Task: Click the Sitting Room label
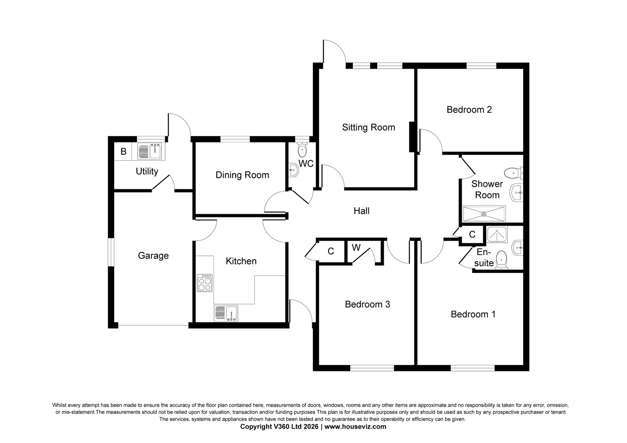pos(368,128)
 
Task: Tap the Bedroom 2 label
pos(469,110)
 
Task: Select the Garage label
pos(153,256)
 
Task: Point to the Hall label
pos(362,211)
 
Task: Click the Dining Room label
pos(242,175)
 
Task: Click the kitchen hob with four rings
pos(205,283)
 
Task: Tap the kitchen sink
pos(226,313)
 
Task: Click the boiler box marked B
pos(123,152)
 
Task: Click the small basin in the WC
pos(293,170)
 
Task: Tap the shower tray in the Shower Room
pos(484,214)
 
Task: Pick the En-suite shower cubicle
pos(497,234)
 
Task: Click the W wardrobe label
pos(356,248)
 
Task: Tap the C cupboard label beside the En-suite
pos(472,234)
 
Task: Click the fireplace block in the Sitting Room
pos(412,137)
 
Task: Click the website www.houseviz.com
pos(355,427)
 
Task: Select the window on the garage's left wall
pos(111,252)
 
